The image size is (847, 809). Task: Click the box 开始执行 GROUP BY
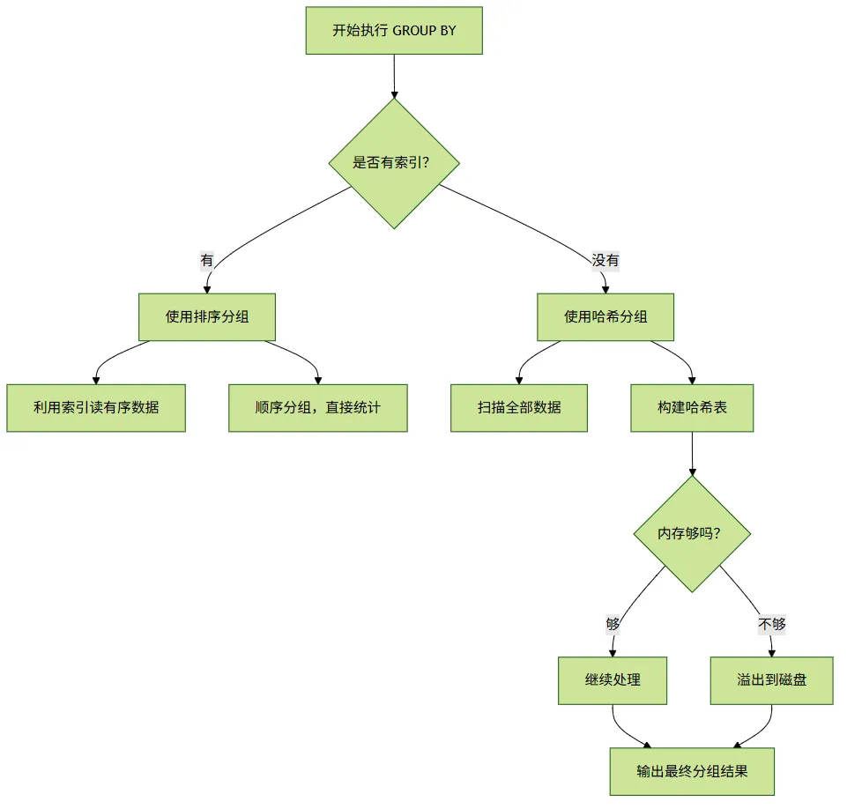394,30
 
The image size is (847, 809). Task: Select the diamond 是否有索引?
394,163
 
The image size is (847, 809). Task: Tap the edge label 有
207,260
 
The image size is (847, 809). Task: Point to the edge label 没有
605,260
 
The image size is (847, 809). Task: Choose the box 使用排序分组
207,317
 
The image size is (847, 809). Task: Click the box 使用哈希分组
605,317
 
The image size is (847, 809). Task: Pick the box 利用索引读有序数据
96,408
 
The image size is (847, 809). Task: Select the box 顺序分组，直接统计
317,408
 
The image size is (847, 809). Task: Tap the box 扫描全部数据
518,408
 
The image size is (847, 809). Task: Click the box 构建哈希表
692,408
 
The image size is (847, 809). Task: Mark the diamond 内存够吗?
692,533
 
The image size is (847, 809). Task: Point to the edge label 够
613,624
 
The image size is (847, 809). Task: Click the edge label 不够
771,624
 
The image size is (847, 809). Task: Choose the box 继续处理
613,680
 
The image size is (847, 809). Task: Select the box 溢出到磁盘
771,680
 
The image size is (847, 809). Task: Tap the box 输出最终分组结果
692,771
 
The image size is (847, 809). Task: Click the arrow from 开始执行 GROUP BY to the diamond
394,76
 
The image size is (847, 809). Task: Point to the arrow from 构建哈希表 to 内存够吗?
692,454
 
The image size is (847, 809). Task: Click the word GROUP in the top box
414,31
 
